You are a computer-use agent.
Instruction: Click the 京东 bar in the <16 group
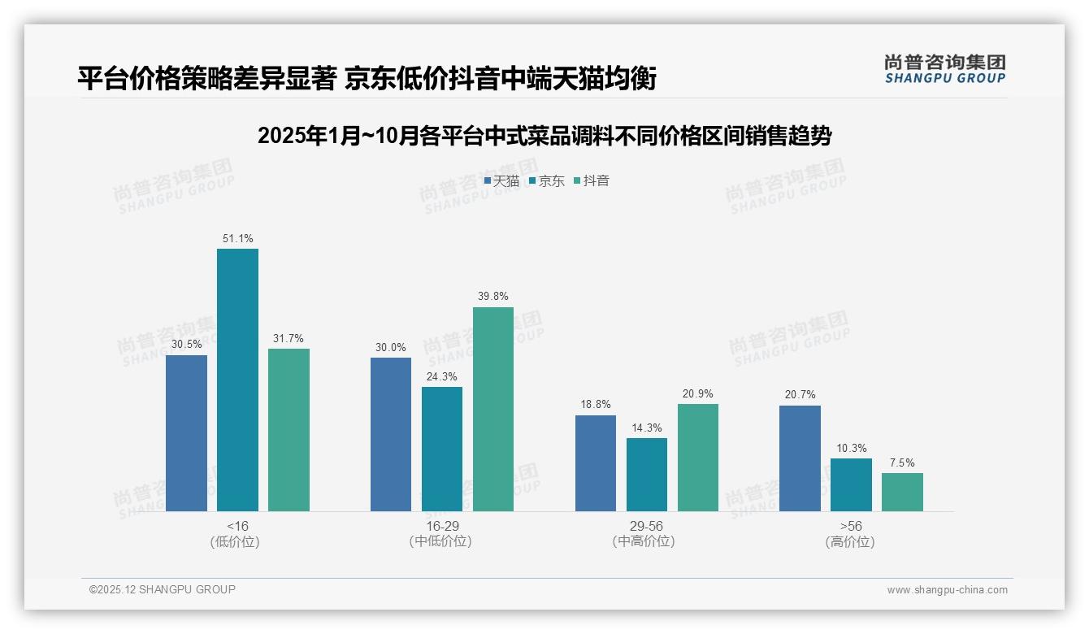[x=237, y=380]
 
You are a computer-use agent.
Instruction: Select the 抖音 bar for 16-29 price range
[x=493, y=409]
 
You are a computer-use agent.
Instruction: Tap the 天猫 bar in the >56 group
[x=800, y=458]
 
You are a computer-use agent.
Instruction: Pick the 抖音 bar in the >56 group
[x=902, y=492]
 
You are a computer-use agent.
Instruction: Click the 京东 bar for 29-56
[x=647, y=475]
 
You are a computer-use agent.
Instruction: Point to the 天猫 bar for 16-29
[x=391, y=434]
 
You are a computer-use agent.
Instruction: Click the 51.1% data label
[x=237, y=239]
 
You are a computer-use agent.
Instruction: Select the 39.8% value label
[x=493, y=297]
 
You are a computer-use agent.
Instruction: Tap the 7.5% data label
[x=902, y=463]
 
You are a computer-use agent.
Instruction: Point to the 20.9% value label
[x=698, y=394]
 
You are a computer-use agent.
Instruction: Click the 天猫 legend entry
[x=501, y=181]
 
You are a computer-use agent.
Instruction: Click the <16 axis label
[x=237, y=526]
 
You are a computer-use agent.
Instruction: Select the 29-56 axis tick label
[x=647, y=526]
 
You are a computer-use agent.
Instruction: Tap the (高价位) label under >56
[x=850, y=542]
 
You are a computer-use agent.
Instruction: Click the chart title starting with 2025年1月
[x=544, y=136]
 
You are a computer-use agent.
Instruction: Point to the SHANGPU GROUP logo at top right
[x=944, y=69]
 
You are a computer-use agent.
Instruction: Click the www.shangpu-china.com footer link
[x=947, y=590]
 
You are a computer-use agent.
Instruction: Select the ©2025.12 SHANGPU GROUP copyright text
[x=162, y=589]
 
